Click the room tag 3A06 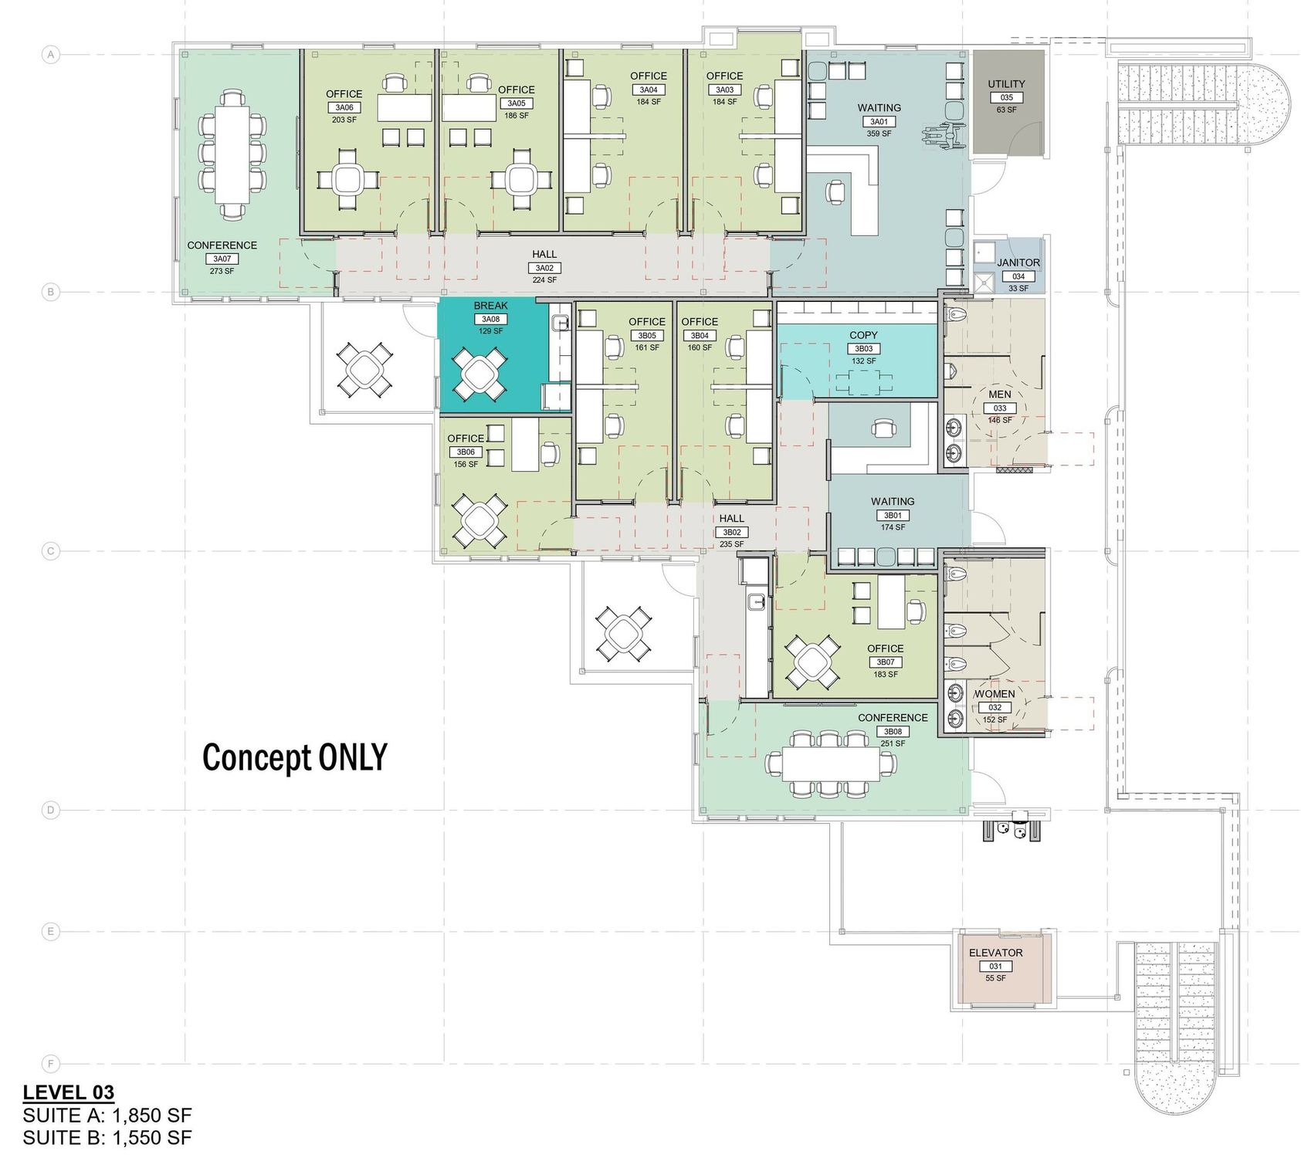tap(344, 107)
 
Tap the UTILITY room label tap(1006, 84)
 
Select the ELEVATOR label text tap(995, 953)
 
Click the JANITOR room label tap(1018, 262)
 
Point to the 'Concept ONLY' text tap(294, 757)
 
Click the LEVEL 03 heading tap(69, 1092)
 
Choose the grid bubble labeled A tap(51, 55)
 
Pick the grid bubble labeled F tap(51, 1064)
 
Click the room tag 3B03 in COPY tap(863, 349)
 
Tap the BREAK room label tap(491, 306)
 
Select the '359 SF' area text tap(879, 134)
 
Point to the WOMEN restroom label tap(995, 694)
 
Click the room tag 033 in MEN tap(999, 408)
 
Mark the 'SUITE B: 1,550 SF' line tap(107, 1136)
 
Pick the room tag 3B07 tap(885, 662)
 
